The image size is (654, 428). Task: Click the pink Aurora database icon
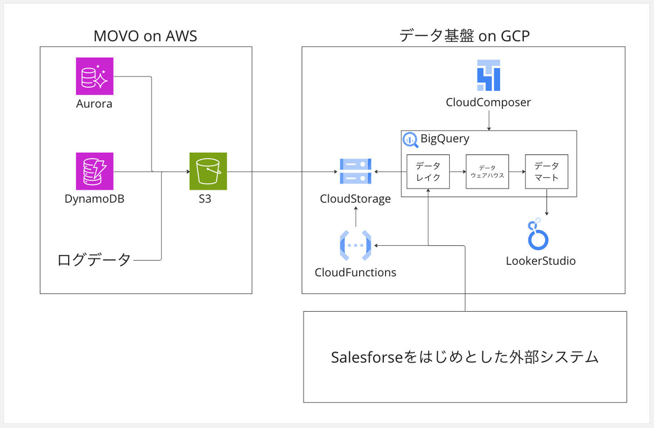94,76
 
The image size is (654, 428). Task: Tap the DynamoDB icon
94,171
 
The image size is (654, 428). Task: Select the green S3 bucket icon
208,171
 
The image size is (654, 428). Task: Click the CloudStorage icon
356,171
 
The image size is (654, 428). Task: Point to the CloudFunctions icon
356,245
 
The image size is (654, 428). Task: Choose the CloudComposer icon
489,75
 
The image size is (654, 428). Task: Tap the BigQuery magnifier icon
411,140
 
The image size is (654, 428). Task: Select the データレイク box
428,172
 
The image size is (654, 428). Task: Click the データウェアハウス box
487,172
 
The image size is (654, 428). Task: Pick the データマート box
546,172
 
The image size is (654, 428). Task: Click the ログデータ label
94,260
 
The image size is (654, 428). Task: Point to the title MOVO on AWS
145,36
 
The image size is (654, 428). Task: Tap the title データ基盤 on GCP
464,36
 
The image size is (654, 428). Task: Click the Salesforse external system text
465,357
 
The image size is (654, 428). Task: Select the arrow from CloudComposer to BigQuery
489,120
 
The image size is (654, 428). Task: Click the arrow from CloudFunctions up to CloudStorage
356,217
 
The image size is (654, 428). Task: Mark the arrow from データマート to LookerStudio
546,202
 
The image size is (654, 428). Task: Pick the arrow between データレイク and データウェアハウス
458,172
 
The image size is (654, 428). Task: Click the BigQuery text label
445,139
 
